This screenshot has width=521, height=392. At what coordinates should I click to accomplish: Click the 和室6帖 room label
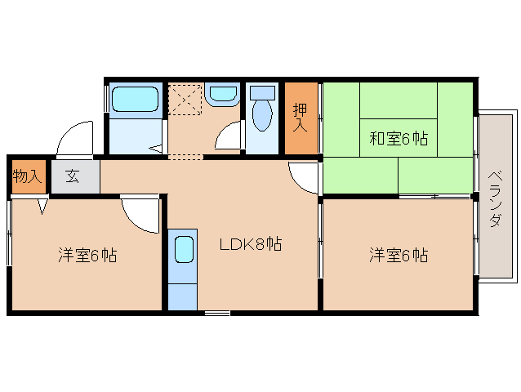(x=398, y=138)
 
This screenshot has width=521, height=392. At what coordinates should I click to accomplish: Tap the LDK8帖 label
(x=250, y=243)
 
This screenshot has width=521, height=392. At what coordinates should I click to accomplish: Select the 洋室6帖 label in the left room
(x=87, y=256)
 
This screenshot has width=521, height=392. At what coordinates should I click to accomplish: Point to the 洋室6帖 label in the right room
(x=398, y=256)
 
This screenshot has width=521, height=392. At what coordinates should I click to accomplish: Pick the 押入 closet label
(x=301, y=118)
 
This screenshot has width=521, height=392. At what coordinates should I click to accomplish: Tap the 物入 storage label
(x=28, y=176)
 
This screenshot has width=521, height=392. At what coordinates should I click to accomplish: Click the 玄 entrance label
(x=73, y=176)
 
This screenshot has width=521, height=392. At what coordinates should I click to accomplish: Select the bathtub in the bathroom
(x=136, y=100)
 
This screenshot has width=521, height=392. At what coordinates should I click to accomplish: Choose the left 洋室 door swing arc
(x=139, y=214)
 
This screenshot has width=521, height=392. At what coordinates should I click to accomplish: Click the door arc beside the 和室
(x=303, y=176)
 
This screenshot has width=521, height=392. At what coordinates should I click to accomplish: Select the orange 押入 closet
(x=301, y=118)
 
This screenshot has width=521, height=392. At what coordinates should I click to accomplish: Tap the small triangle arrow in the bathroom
(x=155, y=148)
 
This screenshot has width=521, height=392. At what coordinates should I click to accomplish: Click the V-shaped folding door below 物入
(x=42, y=207)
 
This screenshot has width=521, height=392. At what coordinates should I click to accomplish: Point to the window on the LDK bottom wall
(x=216, y=312)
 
